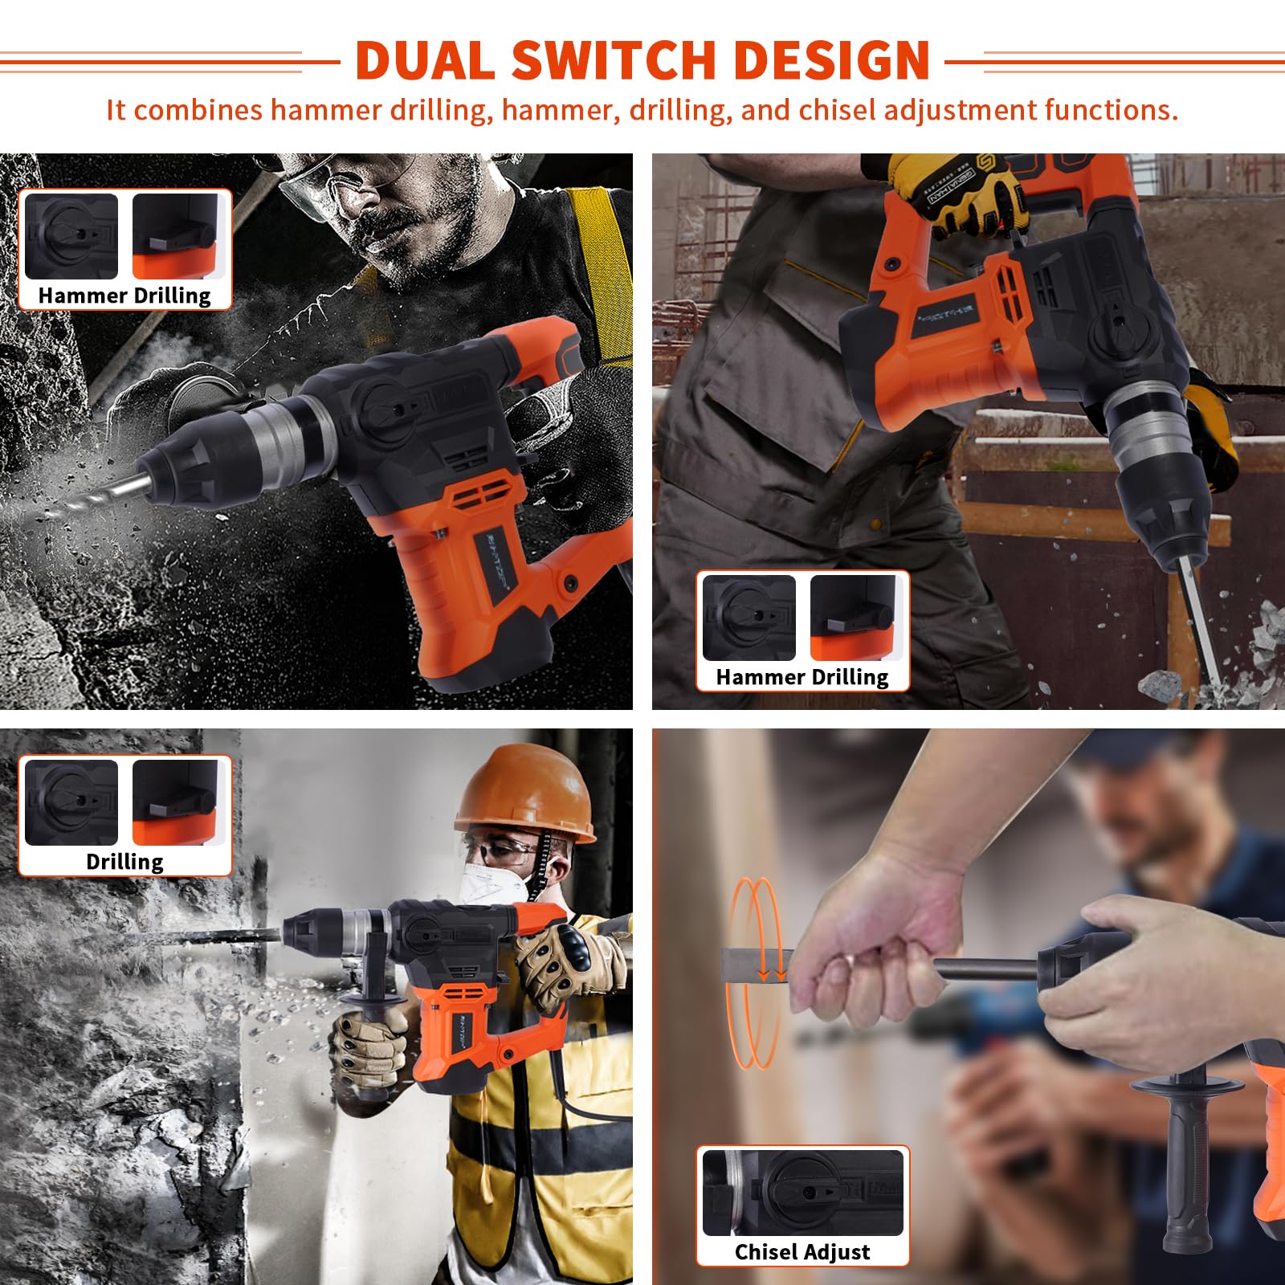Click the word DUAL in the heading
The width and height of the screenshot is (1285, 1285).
click(x=425, y=60)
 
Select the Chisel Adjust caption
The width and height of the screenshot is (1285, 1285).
click(x=802, y=1251)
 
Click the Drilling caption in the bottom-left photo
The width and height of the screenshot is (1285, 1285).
click(x=124, y=862)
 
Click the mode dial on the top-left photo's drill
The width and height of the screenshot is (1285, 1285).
click(x=385, y=401)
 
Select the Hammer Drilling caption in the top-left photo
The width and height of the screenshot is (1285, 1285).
click(x=124, y=296)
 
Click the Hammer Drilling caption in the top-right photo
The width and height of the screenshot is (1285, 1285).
click(x=802, y=677)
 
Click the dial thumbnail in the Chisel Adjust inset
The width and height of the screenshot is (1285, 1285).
click(x=803, y=1193)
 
